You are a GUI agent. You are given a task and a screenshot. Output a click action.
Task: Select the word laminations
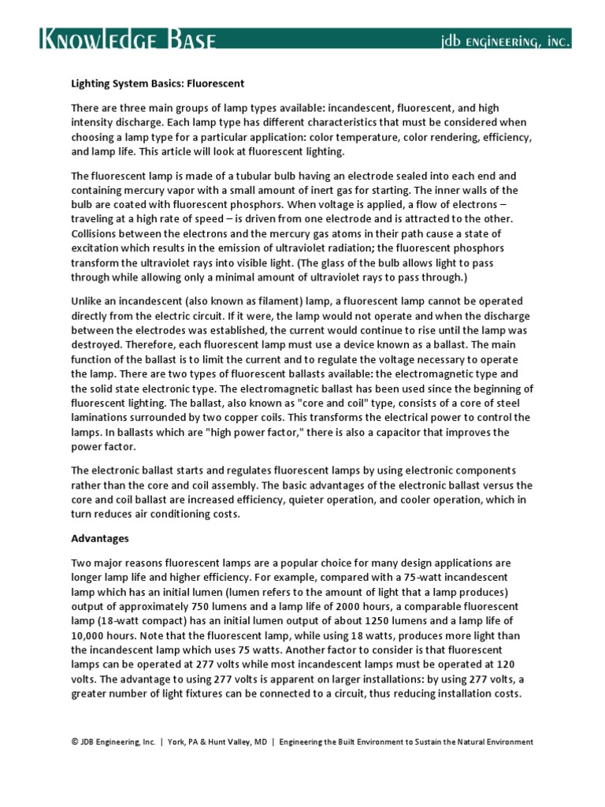(103, 418)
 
